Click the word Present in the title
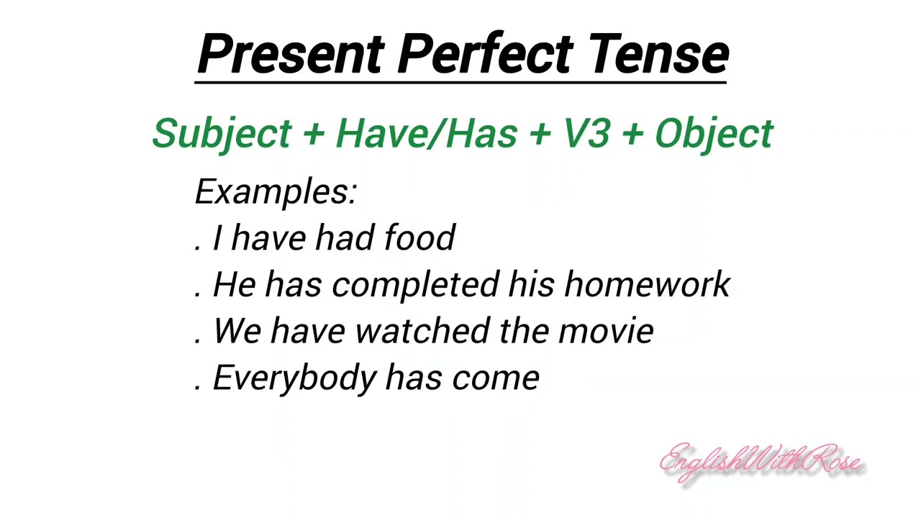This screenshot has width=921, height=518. coord(291,55)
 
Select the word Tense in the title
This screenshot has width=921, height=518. coord(658,55)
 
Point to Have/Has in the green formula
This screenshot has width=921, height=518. coord(426,134)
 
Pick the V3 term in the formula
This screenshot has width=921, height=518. coord(586,134)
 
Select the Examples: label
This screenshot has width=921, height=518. coord(276,192)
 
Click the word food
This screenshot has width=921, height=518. coord(419,238)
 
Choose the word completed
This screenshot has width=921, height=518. coord(415,285)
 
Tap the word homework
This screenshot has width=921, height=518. coord(647,285)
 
